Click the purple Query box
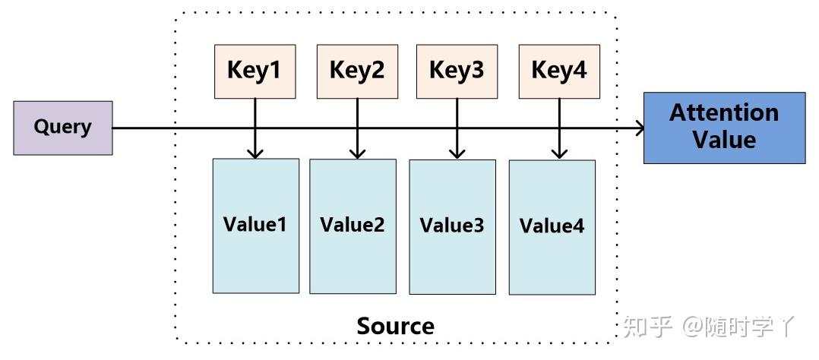(x=63, y=128)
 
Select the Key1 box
(x=255, y=71)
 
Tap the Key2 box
(x=356, y=71)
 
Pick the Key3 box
(x=457, y=71)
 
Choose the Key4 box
(x=558, y=71)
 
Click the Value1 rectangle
(x=255, y=226)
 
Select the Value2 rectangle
(x=353, y=226)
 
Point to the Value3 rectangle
(x=452, y=227)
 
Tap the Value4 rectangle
(x=552, y=227)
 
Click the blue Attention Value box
(x=724, y=128)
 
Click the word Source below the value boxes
(x=395, y=327)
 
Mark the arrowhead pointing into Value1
(x=255, y=153)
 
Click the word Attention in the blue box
(x=724, y=113)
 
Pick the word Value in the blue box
(x=724, y=141)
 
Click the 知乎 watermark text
(x=647, y=327)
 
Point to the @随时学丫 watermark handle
(x=738, y=327)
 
